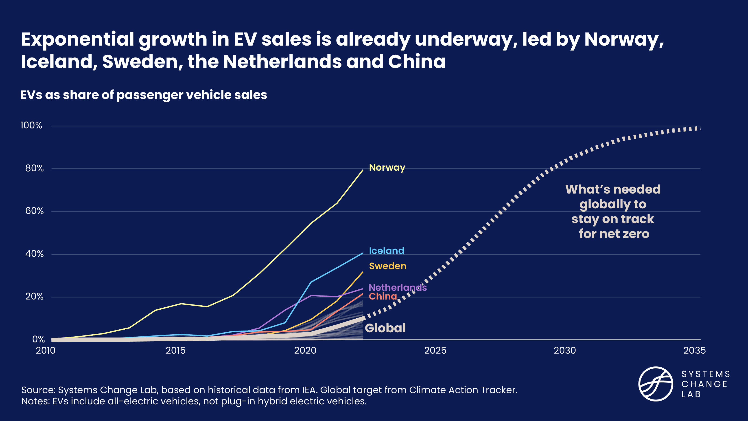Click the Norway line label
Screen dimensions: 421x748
pos(387,168)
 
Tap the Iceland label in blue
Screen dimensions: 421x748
pos(386,251)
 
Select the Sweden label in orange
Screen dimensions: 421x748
pos(387,266)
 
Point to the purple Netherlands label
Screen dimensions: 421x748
pos(397,288)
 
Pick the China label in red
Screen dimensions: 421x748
pos(383,297)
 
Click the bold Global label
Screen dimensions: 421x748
pos(385,328)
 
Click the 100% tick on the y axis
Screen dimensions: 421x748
pos(31,126)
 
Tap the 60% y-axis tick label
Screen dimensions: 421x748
pos(34,211)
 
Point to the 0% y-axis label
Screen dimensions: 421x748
pos(38,339)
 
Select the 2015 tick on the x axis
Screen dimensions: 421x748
pos(175,350)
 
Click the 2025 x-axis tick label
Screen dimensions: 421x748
pos(435,350)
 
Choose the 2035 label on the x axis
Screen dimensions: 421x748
pos(694,350)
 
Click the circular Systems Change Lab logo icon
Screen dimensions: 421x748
pos(656,384)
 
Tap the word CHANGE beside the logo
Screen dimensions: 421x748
pos(704,384)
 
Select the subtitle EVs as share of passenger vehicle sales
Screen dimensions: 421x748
pos(143,95)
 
